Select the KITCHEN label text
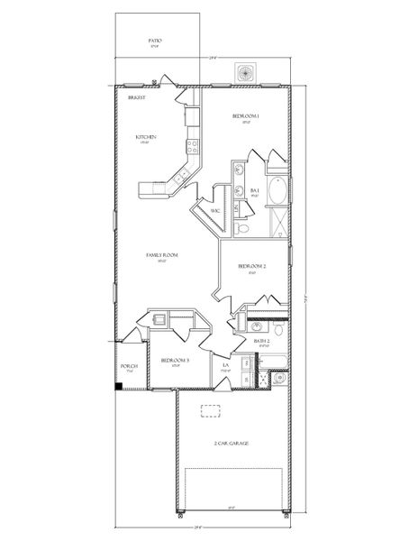[146, 137]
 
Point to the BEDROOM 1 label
[246, 116]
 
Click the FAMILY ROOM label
[162, 255]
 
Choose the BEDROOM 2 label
[251, 266]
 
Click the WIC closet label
[214, 210]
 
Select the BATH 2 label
[262, 343]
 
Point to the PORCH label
[128, 367]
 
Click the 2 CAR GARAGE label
[232, 445]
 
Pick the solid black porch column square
[119, 387]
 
